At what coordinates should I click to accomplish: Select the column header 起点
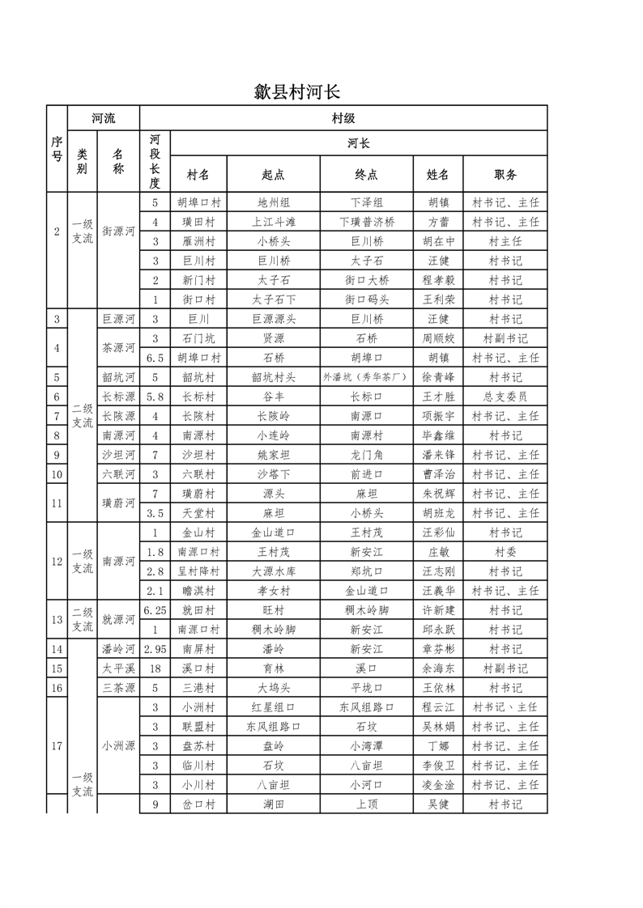pos(274,174)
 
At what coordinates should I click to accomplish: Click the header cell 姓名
pos(437,174)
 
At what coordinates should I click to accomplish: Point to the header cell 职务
pos(505,174)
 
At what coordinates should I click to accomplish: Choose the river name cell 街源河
pos(118,231)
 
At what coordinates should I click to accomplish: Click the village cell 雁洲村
pos(199,241)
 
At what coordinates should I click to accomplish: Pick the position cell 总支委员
pos(505,397)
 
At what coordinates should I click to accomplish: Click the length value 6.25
pos(155,610)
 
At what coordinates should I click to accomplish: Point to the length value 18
pos(155,668)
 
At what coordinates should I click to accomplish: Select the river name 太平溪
pos(118,668)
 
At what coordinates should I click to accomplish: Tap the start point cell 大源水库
pos(274,571)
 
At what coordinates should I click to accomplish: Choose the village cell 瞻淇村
pos(199,591)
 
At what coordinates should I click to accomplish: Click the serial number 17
pos(57,745)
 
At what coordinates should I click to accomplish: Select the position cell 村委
pos(505,552)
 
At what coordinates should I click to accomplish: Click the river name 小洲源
pos(118,745)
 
